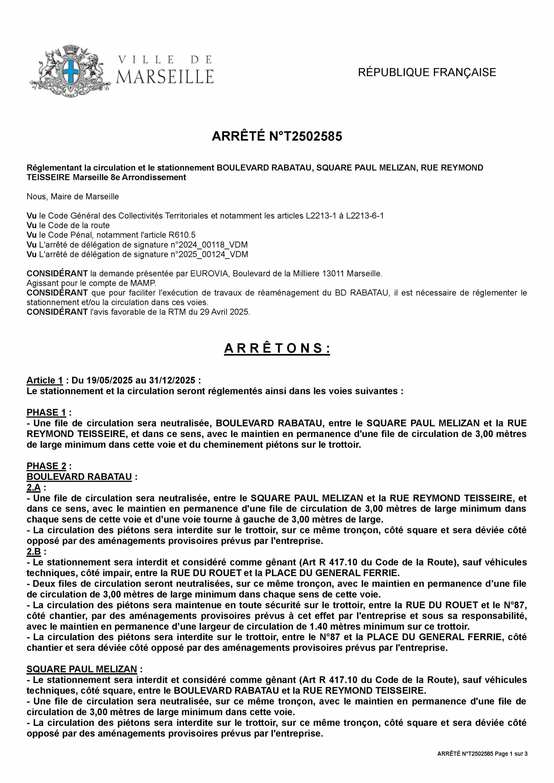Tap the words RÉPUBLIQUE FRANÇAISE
[427, 72]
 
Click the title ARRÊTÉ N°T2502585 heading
[277, 136]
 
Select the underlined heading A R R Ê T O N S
[277, 349]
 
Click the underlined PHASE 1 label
[46, 413]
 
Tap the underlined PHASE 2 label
[46, 466]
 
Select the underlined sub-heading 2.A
[33, 488]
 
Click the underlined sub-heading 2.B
[33, 551]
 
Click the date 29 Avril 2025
[225, 312]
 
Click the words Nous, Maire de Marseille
[73, 197]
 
